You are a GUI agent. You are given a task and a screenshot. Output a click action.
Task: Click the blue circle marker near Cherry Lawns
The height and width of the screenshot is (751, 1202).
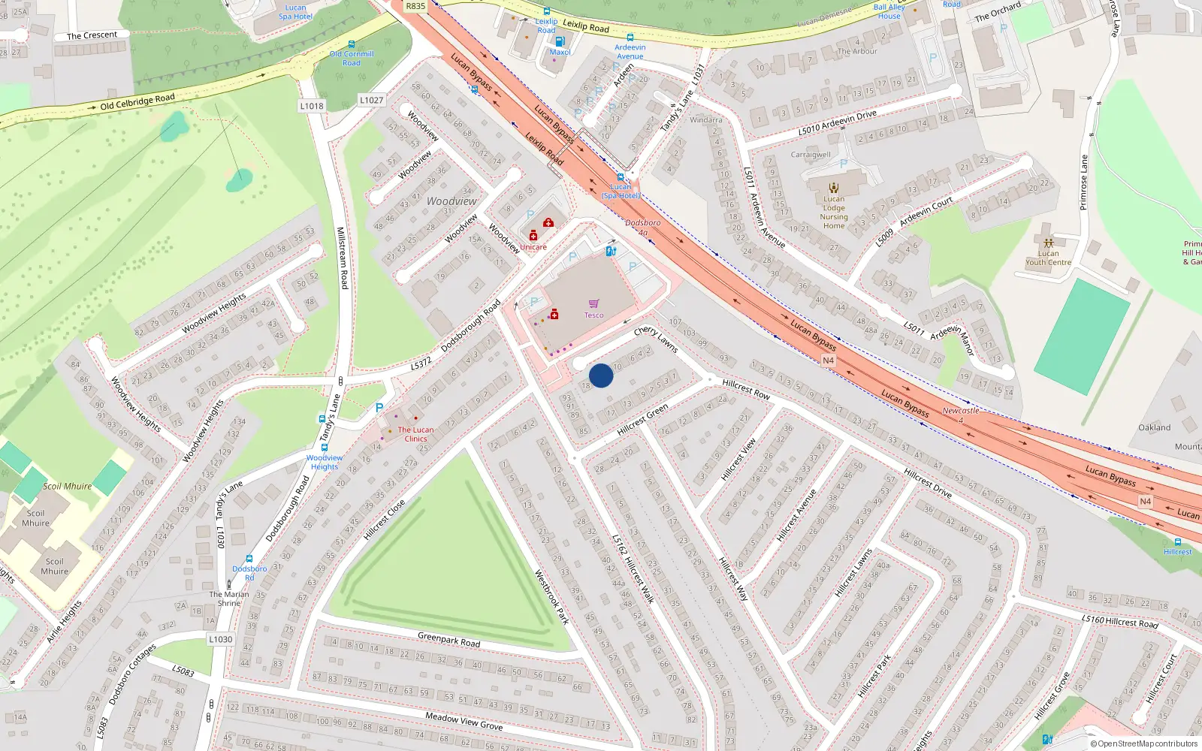601,375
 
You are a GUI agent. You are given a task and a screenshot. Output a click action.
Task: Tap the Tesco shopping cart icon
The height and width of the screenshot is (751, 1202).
594,303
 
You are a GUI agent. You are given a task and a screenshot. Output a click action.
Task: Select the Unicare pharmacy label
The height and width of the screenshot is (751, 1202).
533,247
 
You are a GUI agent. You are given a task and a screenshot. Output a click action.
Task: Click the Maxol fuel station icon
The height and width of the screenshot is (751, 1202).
560,41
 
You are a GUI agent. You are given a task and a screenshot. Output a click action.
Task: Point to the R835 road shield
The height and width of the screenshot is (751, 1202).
415,6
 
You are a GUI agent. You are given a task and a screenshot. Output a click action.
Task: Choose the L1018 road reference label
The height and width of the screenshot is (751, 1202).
312,106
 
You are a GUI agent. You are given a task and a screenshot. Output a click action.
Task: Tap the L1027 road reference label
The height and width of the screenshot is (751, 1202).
371,100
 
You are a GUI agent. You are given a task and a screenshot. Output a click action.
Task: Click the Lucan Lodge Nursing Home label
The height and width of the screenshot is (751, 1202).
834,213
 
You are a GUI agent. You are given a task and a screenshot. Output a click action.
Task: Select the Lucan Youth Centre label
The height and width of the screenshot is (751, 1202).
1048,258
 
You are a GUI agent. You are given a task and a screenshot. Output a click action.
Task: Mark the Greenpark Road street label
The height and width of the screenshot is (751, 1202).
448,640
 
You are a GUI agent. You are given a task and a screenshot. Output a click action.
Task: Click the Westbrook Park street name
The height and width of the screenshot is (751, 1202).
551,597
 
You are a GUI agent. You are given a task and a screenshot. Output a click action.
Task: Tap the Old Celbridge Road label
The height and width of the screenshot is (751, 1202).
137,101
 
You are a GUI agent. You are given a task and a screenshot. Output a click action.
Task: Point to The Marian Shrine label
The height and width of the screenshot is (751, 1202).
229,599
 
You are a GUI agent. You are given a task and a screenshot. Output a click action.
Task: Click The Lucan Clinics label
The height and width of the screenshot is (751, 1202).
415,434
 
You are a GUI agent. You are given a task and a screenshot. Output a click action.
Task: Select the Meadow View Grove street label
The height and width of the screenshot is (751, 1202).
464,722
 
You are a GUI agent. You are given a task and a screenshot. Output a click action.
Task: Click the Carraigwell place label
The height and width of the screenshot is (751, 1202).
811,155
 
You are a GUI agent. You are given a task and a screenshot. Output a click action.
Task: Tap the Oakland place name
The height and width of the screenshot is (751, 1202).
1154,427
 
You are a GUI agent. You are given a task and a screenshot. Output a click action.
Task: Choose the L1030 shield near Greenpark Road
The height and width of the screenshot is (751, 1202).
221,639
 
